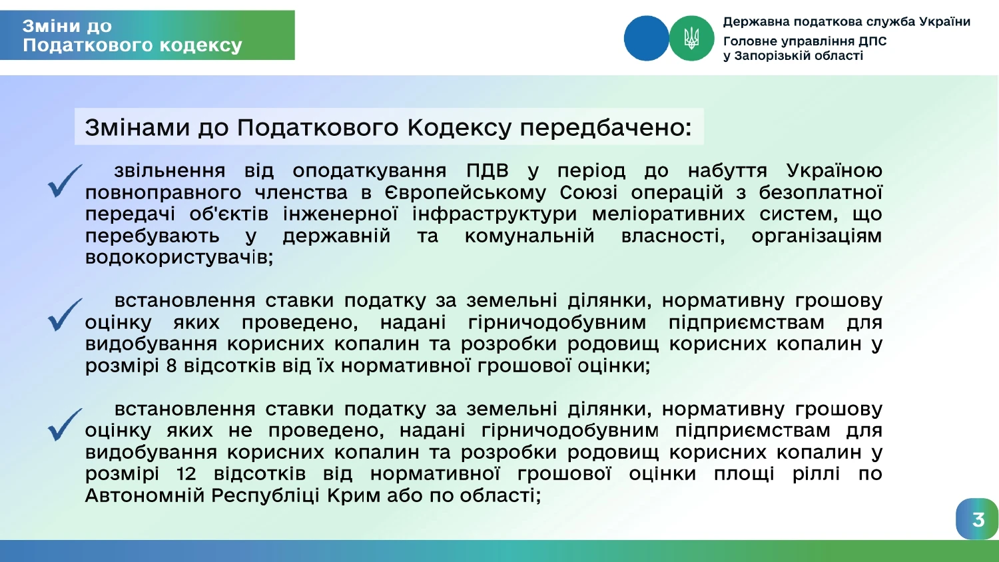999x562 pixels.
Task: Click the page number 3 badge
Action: coord(977,519)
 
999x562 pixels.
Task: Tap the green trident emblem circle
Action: coord(692,39)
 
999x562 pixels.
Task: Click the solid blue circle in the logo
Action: coord(646,39)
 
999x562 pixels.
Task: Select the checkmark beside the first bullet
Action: coord(65,180)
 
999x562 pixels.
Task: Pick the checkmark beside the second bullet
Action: coord(65,314)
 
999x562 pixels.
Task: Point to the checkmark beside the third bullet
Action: coord(65,425)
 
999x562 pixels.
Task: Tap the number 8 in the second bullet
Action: coord(171,366)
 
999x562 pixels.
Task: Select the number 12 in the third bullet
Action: coord(186,473)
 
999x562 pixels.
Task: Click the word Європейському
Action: coord(465,193)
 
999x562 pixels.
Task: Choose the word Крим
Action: coord(352,495)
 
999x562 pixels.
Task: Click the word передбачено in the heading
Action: coord(605,128)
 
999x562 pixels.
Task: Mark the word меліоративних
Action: coord(668,214)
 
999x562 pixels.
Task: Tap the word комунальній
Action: coord(529,236)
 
